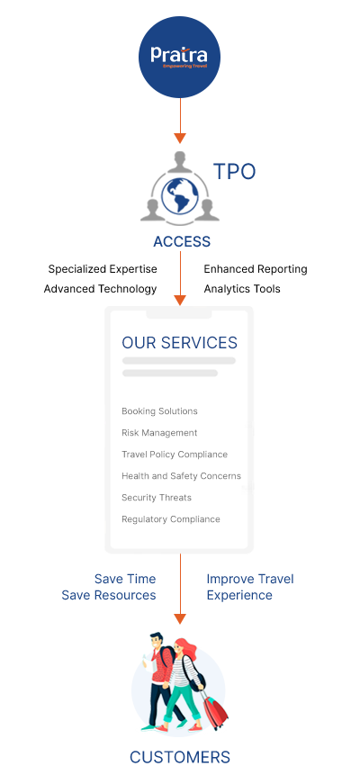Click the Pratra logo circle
179,57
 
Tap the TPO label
235,172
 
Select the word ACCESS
182,241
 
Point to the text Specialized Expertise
103,269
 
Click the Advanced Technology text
101,289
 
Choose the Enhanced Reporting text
256,269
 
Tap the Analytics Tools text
242,289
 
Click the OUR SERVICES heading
179,343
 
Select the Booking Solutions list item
159,411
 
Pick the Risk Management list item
159,432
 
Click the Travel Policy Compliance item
175,454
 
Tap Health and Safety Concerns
181,475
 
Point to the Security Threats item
157,498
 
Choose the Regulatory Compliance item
170,519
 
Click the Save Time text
125,579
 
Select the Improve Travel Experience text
250,587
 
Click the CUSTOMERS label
180,756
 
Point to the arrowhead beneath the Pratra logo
180,139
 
